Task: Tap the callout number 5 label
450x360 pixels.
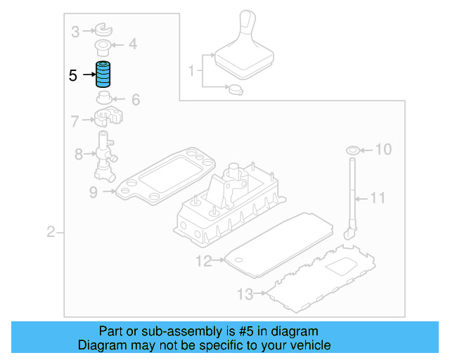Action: point(73,74)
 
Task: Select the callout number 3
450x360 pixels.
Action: point(75,30)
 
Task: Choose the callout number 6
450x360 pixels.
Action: point(136,100)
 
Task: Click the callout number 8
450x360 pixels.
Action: point(78,153)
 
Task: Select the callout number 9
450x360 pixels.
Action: point(94,190)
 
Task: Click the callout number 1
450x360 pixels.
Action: point(191,70)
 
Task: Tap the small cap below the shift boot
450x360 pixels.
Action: point(235,89)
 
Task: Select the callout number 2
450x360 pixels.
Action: point(51,232)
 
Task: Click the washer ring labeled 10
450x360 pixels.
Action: point(353,150)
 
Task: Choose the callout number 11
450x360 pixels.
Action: point(378,198)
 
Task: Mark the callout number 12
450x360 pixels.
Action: point(203,262)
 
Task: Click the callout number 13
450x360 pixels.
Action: point(244,293)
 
